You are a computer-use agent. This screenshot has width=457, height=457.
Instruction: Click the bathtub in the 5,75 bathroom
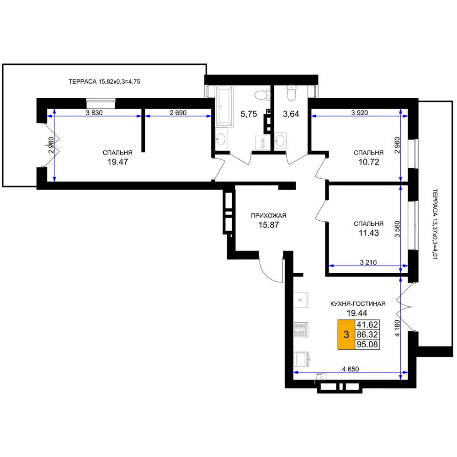click(224, 106)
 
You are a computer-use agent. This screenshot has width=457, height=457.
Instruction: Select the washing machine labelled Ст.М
click(262, 143)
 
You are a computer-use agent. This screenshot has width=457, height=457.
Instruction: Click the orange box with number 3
click(346, 335)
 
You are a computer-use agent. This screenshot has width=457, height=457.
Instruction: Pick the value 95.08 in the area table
click(367, 344)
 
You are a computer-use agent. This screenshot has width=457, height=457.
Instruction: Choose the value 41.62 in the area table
click(367, 324)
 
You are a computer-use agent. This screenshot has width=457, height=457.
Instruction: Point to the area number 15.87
click(269, 225)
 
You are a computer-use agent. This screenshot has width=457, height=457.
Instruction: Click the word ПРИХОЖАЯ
click(269, 216)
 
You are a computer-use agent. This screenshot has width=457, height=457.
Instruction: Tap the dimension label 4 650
click(351, 369)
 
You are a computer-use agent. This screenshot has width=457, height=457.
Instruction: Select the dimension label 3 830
click(94, 112)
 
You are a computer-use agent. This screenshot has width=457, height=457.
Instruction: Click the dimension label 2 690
click(178, 112)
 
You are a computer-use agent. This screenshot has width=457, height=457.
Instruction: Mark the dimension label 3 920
click(359, 112)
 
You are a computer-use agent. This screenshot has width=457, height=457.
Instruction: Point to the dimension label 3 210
click(368, 262)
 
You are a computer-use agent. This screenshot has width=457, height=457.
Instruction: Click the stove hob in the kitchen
click(301, 329)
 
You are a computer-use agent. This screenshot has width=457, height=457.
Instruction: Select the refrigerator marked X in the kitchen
click(301, 300)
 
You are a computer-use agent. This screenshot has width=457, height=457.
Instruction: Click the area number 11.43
click(369, 233)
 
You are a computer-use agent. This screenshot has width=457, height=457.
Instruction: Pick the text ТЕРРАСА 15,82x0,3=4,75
click(104, 82)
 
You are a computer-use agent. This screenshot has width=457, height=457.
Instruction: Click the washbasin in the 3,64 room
click(281, 140)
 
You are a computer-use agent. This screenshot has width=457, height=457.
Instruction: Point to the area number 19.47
click(117, 162)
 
